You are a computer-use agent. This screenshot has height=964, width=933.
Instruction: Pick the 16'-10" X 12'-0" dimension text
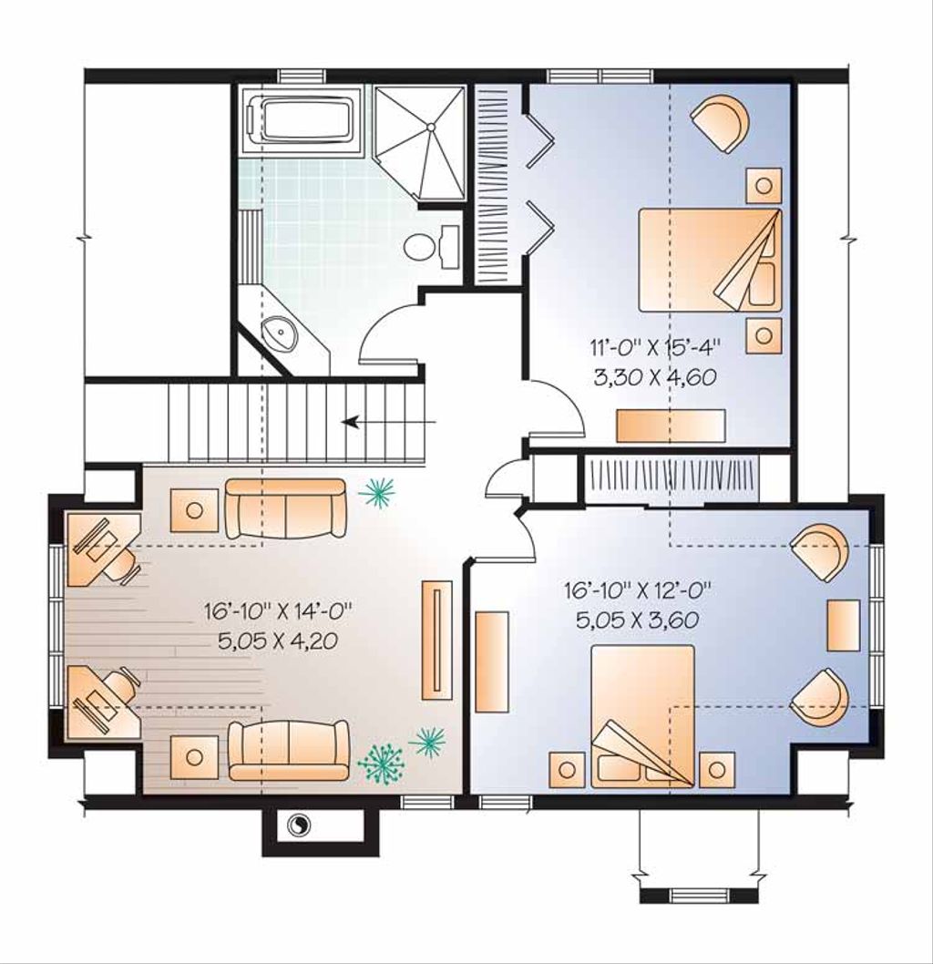pos(637,591)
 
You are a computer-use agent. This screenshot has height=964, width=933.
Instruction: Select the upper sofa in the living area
pos(285,508)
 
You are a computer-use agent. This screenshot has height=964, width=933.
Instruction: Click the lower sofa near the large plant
pos(289,750)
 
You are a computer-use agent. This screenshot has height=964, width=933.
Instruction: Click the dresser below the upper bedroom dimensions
pos(671,426)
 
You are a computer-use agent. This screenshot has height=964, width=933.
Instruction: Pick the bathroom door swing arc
pos(387,333)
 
